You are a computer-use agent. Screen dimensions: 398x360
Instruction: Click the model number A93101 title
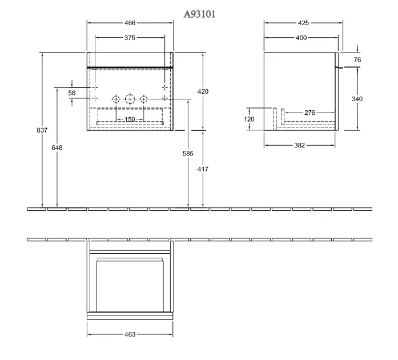coord(199,14)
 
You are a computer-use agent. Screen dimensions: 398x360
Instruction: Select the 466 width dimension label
coord(130,23)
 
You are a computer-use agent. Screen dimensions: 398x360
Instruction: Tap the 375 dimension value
coord(130,38)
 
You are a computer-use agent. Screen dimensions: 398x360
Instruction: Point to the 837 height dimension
coord(42,130)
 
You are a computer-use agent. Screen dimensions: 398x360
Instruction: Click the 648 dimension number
coord(57,147)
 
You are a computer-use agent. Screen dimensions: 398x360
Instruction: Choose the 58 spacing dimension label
coord(72,93)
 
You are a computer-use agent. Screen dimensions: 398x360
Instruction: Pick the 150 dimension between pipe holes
coord(130,119)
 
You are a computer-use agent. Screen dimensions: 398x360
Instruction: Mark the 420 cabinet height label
coord(203,91)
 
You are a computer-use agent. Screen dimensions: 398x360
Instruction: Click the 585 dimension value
coord(188,154)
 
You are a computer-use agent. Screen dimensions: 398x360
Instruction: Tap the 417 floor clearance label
coord(203,169)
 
